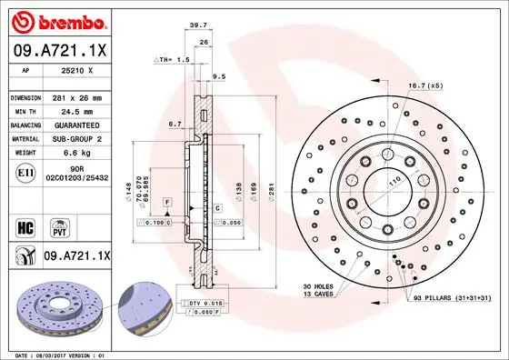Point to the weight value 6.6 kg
[x=73, y=153]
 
